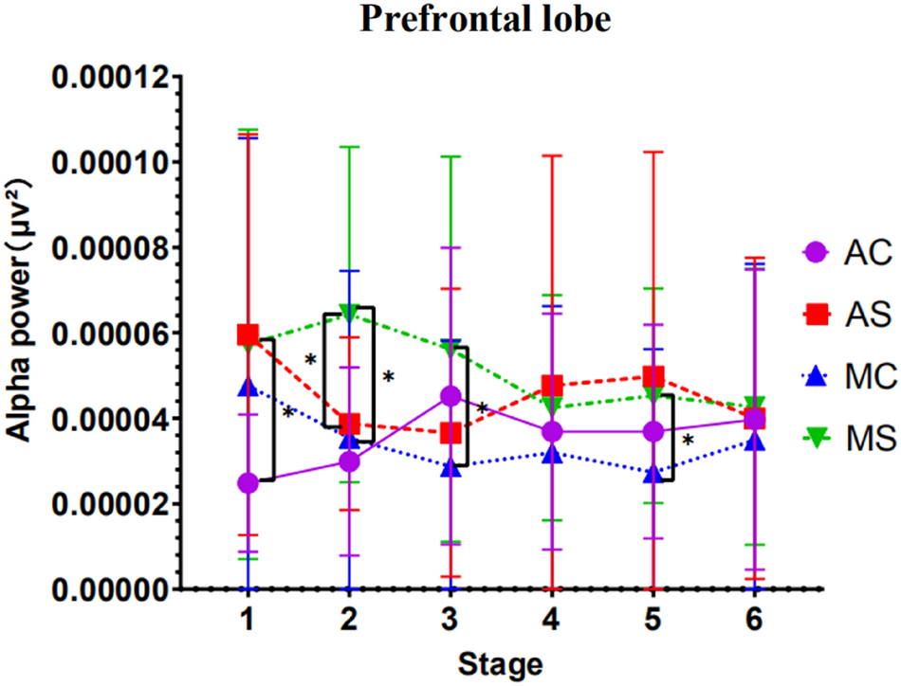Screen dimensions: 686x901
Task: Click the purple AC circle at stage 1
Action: (248, 483)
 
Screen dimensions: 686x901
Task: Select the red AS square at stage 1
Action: (248, 334)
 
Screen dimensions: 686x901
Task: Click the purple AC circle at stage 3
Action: (451, 395)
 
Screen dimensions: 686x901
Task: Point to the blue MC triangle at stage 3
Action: (451, 467)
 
